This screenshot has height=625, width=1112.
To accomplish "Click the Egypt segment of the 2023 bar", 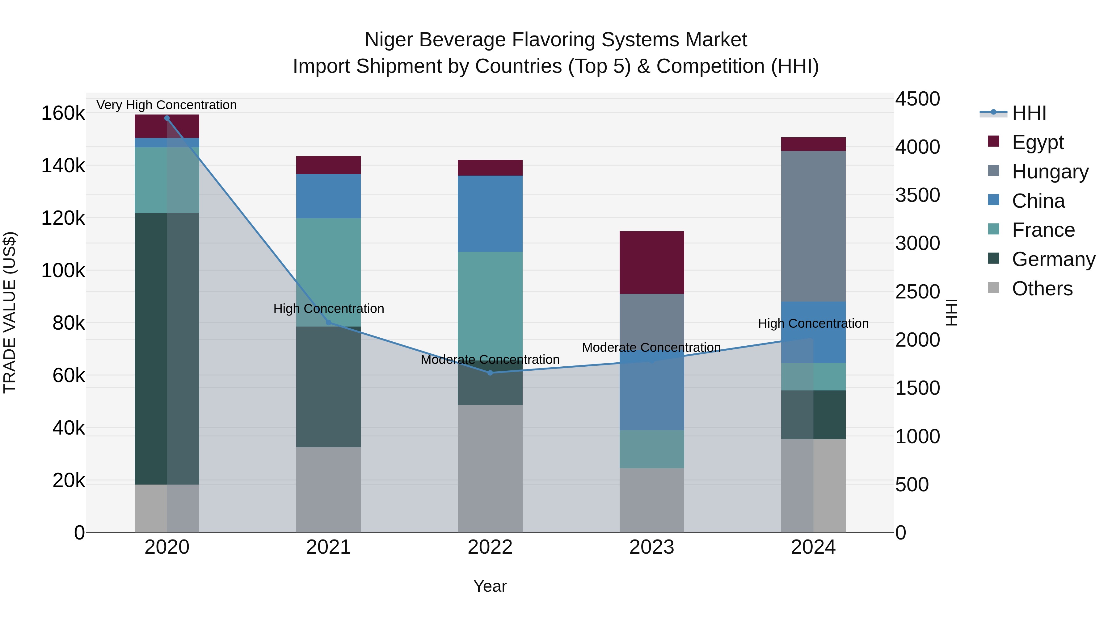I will point(651,262).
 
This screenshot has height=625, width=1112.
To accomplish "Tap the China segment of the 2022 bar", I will point(490,214).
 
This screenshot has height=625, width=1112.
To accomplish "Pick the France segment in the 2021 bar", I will point(328,272).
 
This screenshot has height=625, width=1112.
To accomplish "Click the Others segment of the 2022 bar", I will point(490,468).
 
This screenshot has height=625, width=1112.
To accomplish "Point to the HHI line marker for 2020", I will point(167,118).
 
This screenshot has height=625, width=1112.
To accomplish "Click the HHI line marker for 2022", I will point(490,373).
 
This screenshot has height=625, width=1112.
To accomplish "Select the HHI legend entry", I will point(1029,113).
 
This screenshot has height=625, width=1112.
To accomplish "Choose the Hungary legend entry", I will point(1050,171).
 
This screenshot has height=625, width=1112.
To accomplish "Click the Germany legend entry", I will point(1053,259).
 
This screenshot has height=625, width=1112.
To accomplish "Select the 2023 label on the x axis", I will point(651,547).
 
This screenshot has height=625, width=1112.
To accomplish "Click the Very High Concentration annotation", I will point(166,105).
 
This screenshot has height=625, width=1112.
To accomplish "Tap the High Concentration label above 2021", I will point(329,308).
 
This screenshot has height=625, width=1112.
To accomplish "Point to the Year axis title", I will point(490,586).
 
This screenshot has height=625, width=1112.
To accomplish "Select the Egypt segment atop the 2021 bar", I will point(328,165).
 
